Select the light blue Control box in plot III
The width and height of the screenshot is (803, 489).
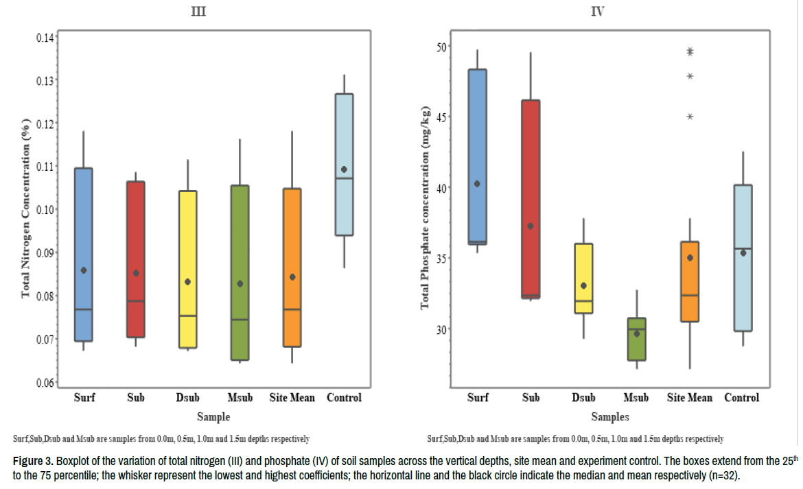point(344,165)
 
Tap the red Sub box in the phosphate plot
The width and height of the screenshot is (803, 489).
point(531,199)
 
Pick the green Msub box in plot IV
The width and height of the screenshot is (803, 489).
point(637,339)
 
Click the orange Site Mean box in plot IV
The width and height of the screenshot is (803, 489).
point(690,281)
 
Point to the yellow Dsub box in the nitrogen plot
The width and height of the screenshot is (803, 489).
point(187,269)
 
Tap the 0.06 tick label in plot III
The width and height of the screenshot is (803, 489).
point(46,382)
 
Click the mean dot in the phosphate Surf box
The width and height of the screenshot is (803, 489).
point(477,184)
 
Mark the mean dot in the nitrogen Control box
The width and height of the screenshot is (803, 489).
point(344,169)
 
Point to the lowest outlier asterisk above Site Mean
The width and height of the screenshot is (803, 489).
point(690,117)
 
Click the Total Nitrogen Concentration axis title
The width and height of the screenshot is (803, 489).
point(26,209)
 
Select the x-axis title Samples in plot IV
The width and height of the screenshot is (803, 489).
point(610,416)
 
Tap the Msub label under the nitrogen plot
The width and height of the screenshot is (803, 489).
point(240,398)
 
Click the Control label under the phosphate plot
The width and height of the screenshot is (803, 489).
point(742,398)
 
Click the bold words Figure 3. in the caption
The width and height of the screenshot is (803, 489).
point(32,462)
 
